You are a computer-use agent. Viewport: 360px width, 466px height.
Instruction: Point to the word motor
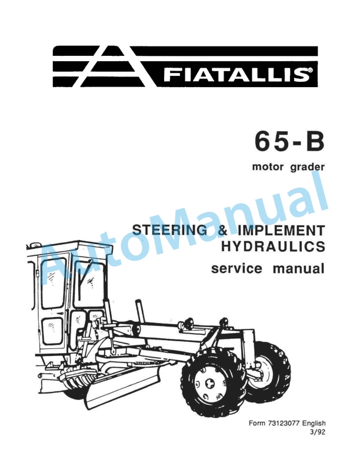(x=268, y=168)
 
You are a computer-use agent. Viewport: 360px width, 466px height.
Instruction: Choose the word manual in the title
(x=298, y=270)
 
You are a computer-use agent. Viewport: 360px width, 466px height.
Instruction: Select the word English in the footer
(x=314, y=424)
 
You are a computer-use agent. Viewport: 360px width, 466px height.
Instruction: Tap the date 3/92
(x=318, y=433)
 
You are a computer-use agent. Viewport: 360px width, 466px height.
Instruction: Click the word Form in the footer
(x=257, y=424)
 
